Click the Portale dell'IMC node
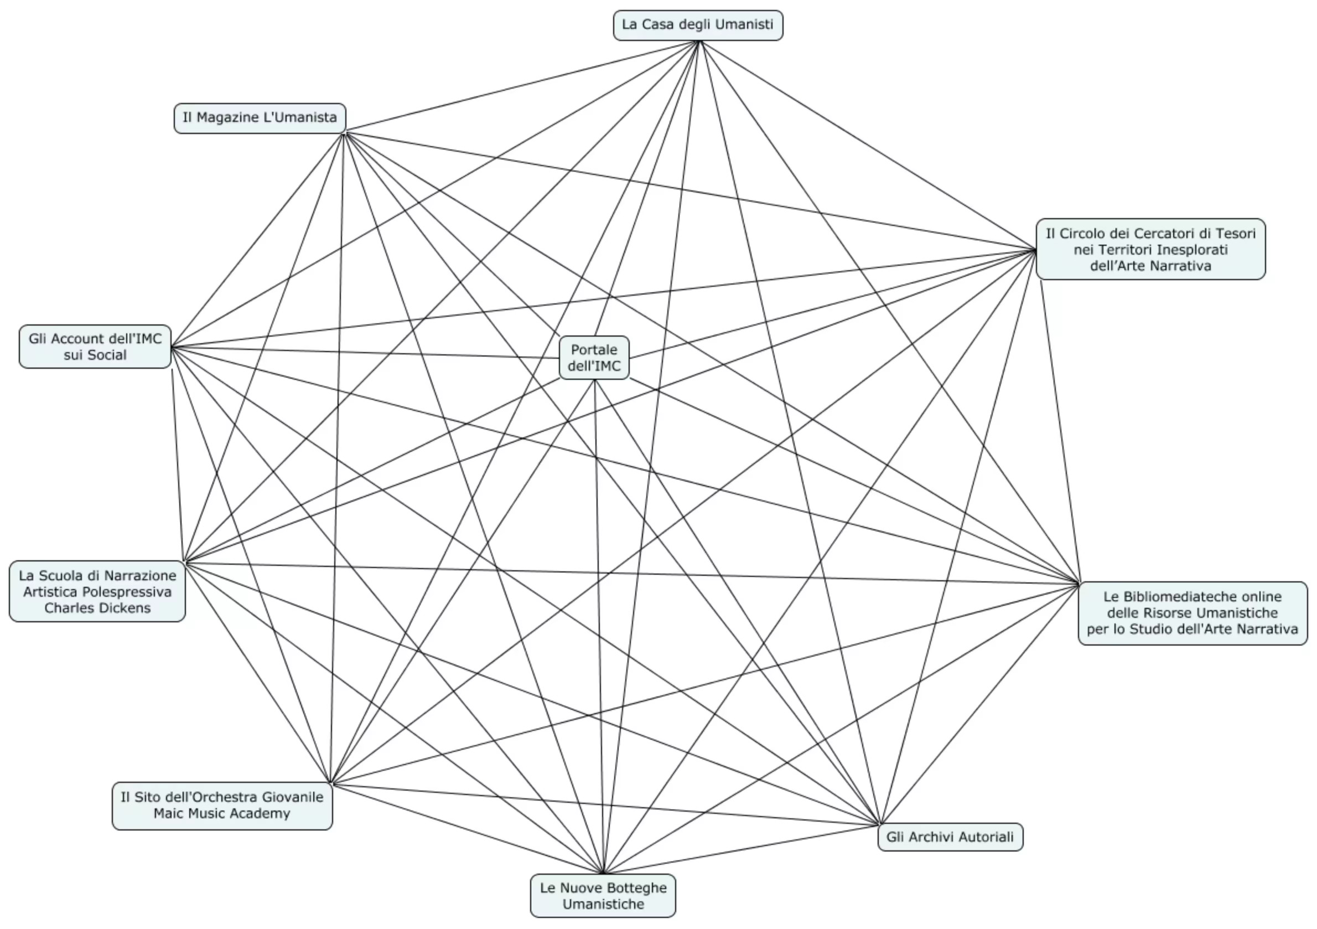click(x=594, y=358)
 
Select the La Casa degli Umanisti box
click(x=698, y=25)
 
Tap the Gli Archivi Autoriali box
click(x=951, y=837)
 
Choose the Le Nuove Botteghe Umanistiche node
click(x=603, y=896)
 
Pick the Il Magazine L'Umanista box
click(x=260, y=118)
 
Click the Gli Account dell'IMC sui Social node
click(x=95, y=347)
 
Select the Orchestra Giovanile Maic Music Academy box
click(x=222, y=806)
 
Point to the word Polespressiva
click(x=127, y=592)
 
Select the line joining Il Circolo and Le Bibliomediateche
click(x=1061, y=431)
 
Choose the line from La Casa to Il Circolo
click(x=867, y=145)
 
